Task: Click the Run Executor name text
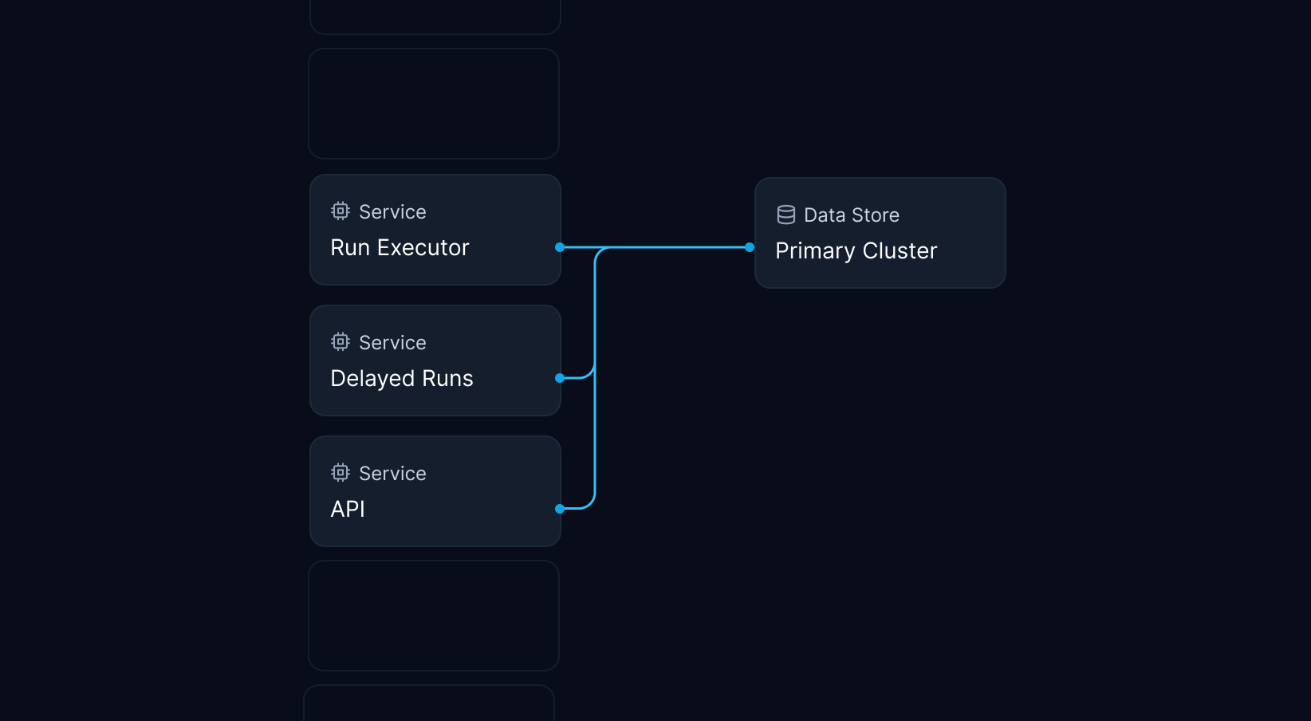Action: pos(400,248)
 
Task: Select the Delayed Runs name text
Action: pos(402,379)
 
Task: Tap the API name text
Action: pos(348,509)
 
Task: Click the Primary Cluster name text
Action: pos(856,251)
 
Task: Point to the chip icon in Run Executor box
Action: pos(341,211)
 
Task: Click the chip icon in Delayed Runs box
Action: pos(341,342)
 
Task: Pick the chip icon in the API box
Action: pos(341,473)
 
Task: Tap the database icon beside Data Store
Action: pos(786,215)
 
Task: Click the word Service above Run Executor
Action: pos(392,212)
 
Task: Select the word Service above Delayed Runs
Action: pos(392,343)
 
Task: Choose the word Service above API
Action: pos(392,474)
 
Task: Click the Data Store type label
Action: pos(851,215)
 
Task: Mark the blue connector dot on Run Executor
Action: pos(560,247)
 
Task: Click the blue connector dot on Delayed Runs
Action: pos(560,378)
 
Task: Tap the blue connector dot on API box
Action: pos(560,508)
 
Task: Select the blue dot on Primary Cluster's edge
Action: pos(750,247)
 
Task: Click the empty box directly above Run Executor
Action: pos(434,104)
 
